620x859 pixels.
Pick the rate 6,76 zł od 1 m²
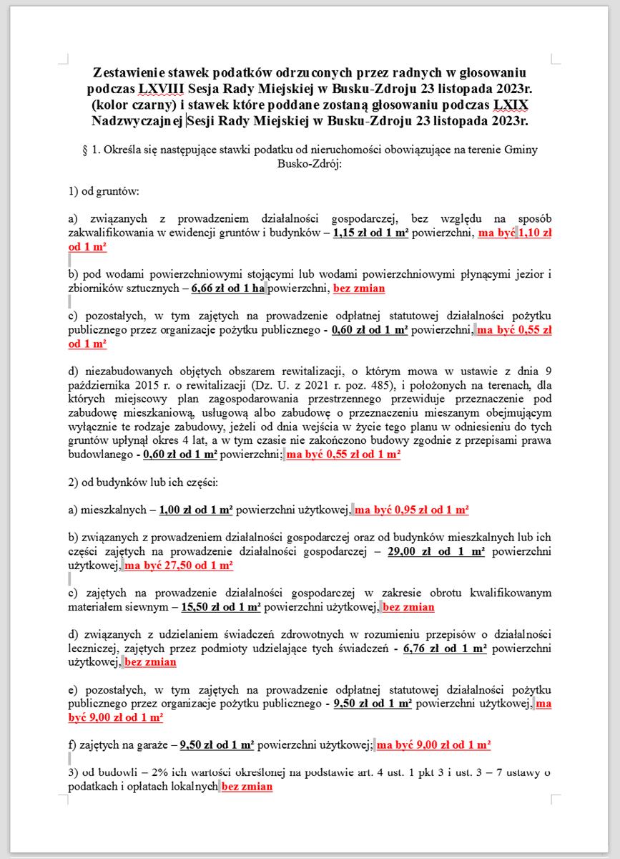[x=445, y=649]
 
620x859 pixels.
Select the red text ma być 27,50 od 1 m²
[x=179, y=566]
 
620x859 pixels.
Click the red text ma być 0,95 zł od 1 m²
[x=412, y=510]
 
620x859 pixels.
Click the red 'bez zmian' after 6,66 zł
[x=359, y=289]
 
